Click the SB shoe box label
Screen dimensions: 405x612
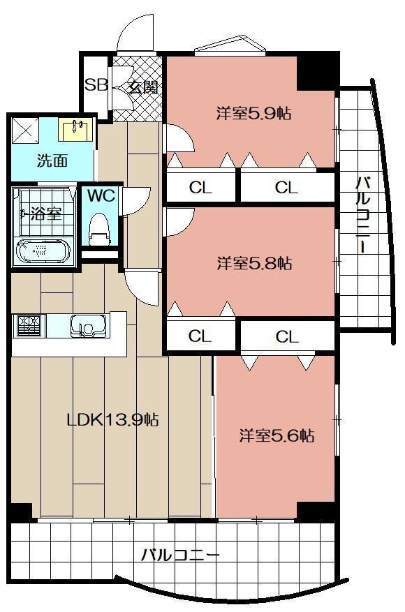[x=96, y=84]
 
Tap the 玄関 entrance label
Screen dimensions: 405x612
[x=144, y=87]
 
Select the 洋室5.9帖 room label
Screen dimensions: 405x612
[x=254, y=113]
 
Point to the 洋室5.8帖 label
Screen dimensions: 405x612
[x=254, y=263]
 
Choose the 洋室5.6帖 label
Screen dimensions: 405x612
[x=277, y=435]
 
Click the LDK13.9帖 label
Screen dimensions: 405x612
[x=113, y=420]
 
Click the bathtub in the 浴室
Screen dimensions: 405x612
[x=43, y=251]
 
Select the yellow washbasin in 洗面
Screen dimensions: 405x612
[x=76, y=129]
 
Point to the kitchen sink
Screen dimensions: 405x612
[x=88, y=325]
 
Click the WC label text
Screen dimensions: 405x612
[x=101, y=195]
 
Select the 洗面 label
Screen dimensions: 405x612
[x=52, y=161]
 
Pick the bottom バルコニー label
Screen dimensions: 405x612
[x=180, y=555]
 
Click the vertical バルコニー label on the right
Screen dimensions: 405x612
[x=363, y=215]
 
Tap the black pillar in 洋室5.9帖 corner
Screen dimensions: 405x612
[x=317, y=72]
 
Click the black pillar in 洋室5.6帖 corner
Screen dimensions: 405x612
[x=316, y=511]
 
